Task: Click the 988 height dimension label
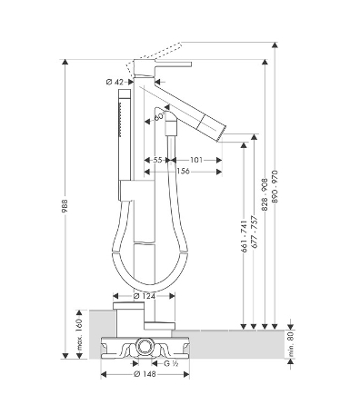click(x=65, y=206)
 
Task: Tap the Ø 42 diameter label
click(x=115, y=82)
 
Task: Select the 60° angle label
click(x=159, y=116)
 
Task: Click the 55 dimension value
click(x=157, y=160)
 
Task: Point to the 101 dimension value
click(x=196, y=160)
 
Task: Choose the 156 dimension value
click(x=183, y=172)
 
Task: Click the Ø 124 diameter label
click(x=145, y=296)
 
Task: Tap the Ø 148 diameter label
click(x=145, y=374)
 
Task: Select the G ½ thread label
click(x=171, y=363)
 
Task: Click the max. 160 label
click(x=79, y=334)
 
